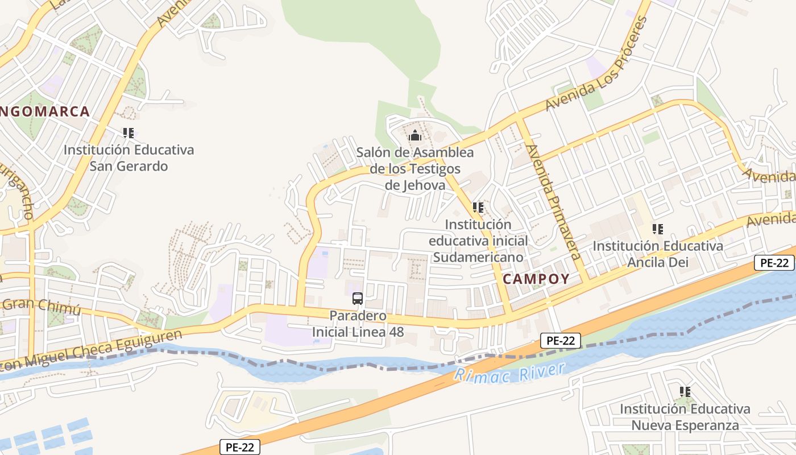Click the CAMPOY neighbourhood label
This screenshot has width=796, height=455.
click(536, 279)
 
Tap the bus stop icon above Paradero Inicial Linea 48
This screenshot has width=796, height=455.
click(358, 298)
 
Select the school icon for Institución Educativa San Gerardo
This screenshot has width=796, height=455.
click(128, 133)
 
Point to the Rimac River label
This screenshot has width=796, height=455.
click(510, 373)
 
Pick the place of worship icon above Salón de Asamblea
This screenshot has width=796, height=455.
click(415, 136)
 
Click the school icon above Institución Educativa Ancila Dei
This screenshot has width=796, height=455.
click(658, 229)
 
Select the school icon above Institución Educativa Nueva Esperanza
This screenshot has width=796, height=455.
click(685, 392)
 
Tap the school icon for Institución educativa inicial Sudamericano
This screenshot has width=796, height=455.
click(478, 208)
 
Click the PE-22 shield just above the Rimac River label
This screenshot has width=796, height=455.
click(561, 341)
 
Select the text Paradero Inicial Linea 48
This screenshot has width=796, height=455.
click(358, 324)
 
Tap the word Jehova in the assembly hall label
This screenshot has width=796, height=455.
click(414, 185)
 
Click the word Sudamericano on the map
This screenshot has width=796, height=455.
click(478, 257)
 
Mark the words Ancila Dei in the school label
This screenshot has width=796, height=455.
click(657, 262)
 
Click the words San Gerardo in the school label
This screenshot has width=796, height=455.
click(128, 166)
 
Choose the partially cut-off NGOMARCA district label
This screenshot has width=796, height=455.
click(45, 111)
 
